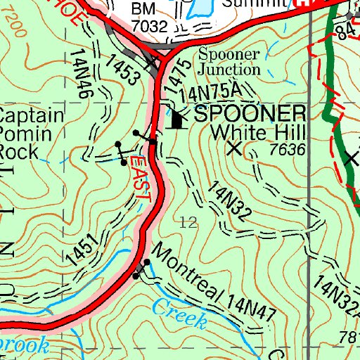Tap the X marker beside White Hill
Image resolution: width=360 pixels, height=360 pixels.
(234, 148)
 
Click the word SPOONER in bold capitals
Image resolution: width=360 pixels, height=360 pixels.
(250, 114)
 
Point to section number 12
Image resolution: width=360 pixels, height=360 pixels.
(188, 223)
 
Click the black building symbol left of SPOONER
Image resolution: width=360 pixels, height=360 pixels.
(176, 120)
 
